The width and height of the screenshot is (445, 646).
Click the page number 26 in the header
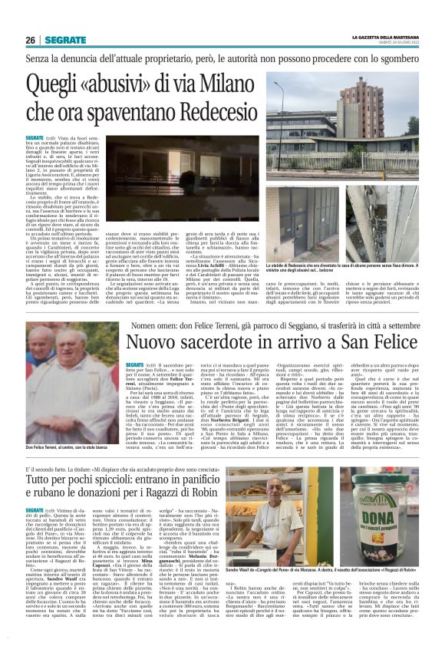point(30,39)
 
